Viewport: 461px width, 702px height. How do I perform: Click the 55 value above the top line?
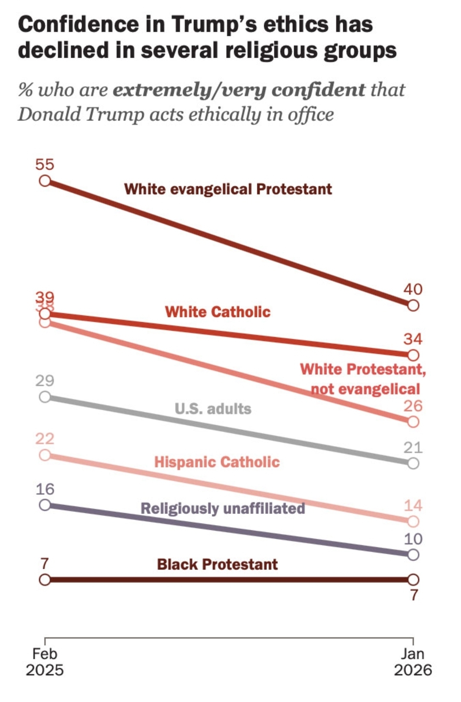tap(45, 164)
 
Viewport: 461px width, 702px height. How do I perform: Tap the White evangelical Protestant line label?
tap(228, 189)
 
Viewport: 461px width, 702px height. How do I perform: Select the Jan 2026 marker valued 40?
tap(413, 305)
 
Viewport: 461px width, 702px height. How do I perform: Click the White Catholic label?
tap(218, 312)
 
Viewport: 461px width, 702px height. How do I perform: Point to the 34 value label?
tap(413, 339)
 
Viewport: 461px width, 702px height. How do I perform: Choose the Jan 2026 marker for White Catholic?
tap(413, 355)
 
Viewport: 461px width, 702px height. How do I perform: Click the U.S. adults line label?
tap(213, 409)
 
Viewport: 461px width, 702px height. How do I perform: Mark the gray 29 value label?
tap(45, 381)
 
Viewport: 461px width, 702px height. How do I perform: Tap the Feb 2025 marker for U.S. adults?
tap(45, 397)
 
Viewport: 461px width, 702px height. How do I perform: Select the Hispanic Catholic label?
tap(217, 462)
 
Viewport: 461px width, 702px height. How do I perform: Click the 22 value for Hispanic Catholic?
tap(45, 439)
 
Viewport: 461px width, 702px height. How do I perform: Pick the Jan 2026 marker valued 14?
tap(413, 521)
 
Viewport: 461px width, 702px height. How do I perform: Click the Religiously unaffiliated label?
tap(223, 508)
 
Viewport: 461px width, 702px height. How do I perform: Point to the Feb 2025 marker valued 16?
tap(45, 505)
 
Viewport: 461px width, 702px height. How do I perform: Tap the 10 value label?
tap(413, 539)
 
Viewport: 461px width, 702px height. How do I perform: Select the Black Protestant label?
tap(217, 564)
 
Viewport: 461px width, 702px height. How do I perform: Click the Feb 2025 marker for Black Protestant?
tap(45, 580)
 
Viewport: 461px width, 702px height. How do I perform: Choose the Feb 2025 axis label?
tap(45, 661)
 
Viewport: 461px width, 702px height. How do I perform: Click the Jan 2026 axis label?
tap(413, 661)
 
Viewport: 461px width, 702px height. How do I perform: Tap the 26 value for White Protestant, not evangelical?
tap(413, 406)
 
